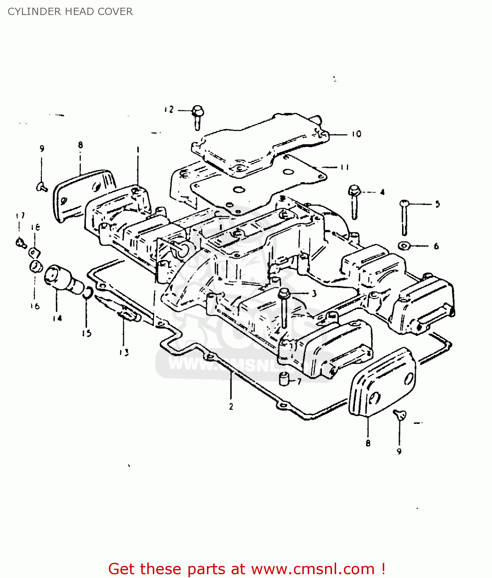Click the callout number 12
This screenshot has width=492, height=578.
(169, 110)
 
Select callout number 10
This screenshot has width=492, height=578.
(356, 134)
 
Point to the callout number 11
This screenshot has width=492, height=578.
(344, 167)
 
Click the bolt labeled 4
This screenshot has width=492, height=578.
(354, 200)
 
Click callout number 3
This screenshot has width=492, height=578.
(314, 294)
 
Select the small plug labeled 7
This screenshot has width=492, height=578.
(284, 379)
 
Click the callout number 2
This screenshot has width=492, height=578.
(231, 407)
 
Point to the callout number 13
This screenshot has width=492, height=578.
(123, 352)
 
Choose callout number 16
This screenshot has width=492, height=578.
(35, 306)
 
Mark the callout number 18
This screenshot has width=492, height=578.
(35, 227)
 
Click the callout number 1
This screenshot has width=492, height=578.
(137, 149)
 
